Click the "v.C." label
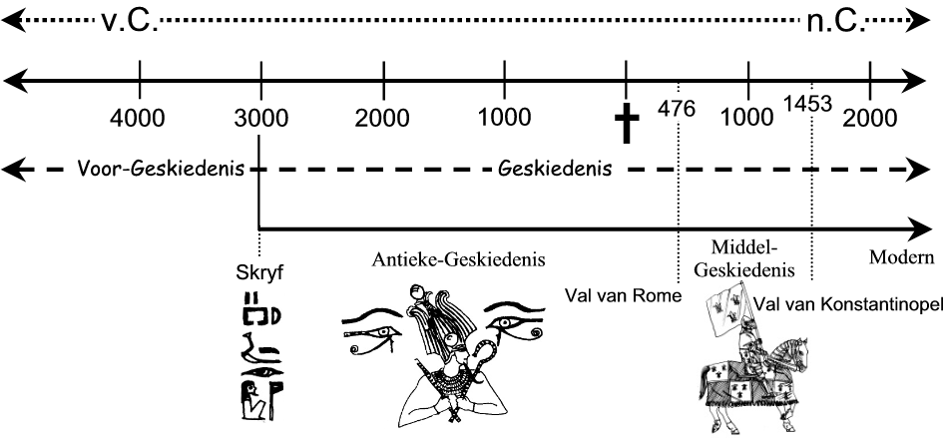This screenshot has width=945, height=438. click(129, 20)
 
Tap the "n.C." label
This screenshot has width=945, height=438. click(836, 20)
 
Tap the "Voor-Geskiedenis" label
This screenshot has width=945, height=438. click(161, 169)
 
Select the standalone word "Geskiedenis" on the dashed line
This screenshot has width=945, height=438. click(554, 169)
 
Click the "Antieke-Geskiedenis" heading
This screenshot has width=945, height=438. click(459, 261)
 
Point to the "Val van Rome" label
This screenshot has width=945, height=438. click(622, 296)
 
